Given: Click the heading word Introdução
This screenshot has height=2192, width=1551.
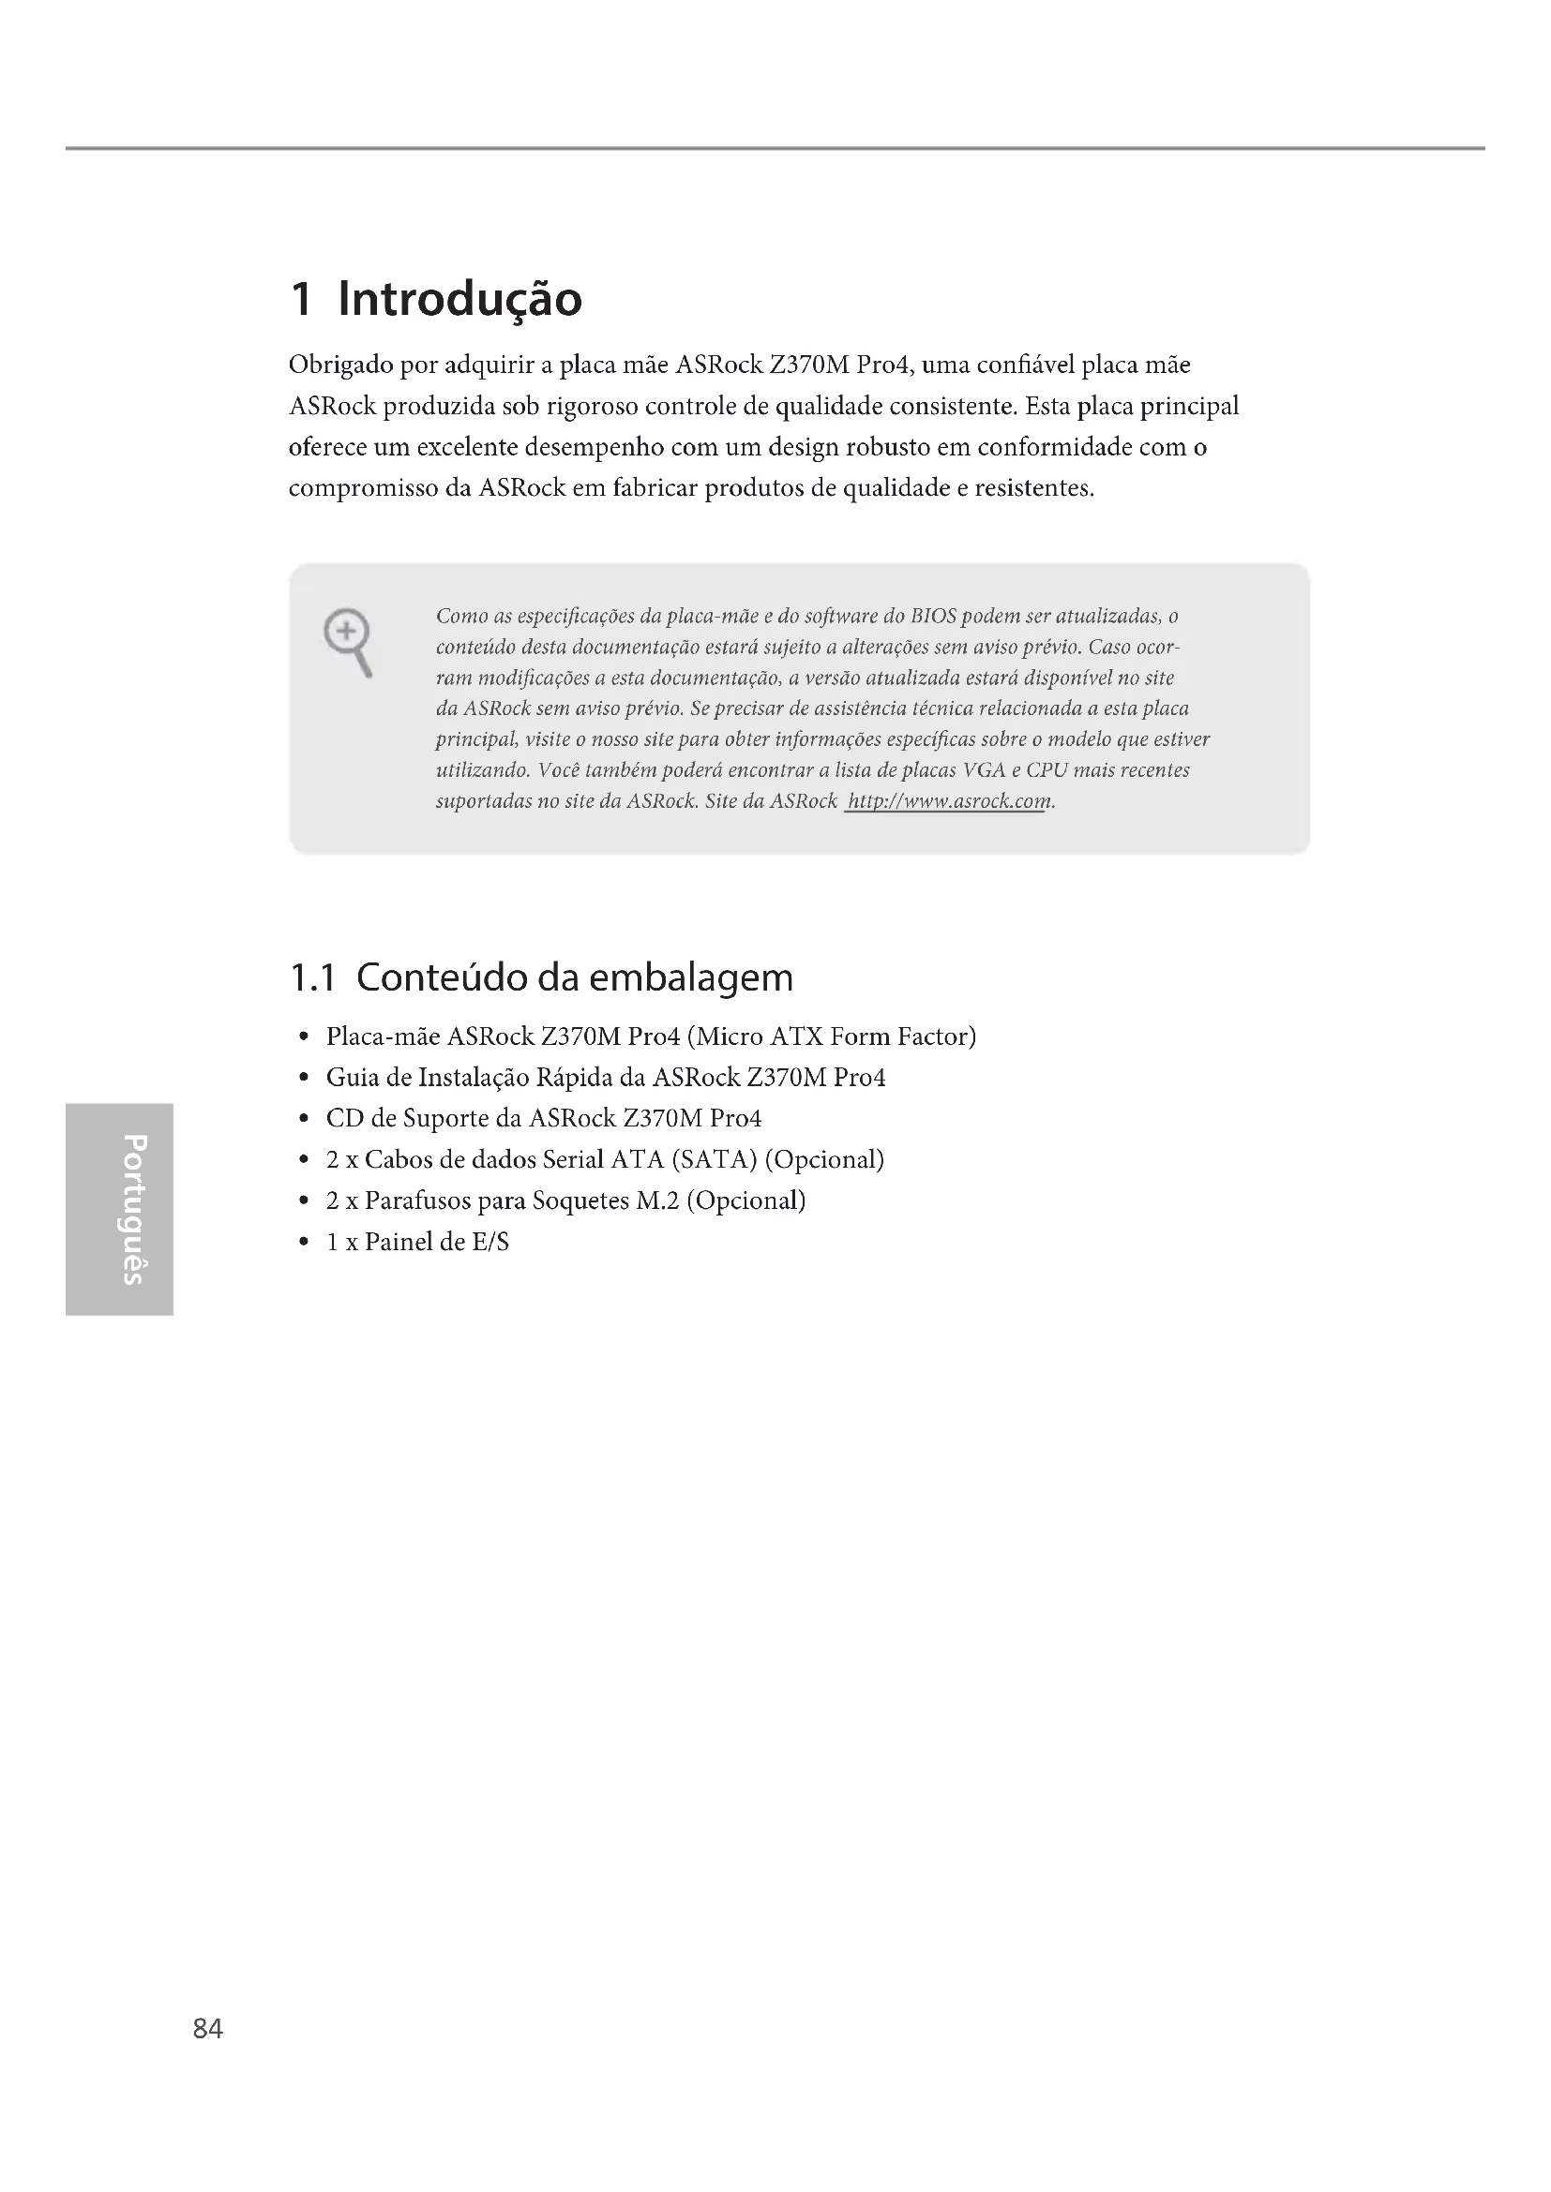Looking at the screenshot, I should pos(459,300).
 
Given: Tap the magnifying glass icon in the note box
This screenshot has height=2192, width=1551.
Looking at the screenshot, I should pos(348,640).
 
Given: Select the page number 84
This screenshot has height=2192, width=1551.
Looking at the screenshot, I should pos(208,2029).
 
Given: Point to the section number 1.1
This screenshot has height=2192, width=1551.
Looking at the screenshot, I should pos(312,977).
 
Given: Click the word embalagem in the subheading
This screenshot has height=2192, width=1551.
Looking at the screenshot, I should pos(690,977).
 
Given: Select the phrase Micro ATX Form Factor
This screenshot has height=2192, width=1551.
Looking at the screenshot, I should pos(831,1036).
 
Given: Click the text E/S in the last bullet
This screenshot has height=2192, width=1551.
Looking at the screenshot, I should pos(489,1242).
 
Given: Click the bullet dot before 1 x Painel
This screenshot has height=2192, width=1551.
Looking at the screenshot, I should pos(303,1242).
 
